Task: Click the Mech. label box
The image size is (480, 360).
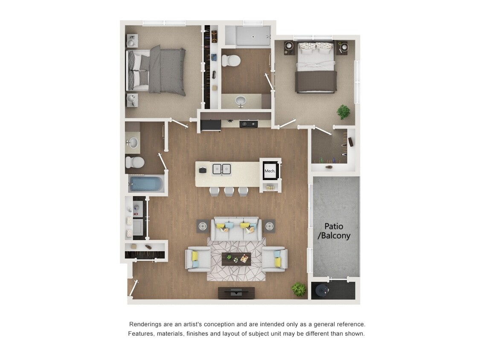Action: coord(270,171)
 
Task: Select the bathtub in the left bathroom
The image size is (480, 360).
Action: coord(146,184)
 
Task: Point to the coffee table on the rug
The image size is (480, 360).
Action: coord(236,259)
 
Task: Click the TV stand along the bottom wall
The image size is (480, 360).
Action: coord(236,293)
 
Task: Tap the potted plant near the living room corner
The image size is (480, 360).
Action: coord(299,289)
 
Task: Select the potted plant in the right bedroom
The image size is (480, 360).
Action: coord(343,112)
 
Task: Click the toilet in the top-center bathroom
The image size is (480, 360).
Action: coord(231,60)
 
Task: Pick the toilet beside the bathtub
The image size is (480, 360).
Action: coord(135,162)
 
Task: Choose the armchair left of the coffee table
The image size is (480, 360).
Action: coord(198,259)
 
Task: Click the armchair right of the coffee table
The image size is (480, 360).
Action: coord(275,259)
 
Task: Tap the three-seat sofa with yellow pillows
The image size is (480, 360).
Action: coord(236,229)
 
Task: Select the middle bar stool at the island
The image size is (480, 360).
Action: coord(230,191)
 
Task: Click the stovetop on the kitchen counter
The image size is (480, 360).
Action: coord(248,124)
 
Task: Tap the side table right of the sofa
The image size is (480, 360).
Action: coord(269,226)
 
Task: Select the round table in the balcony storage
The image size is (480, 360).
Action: coord(322,290)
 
